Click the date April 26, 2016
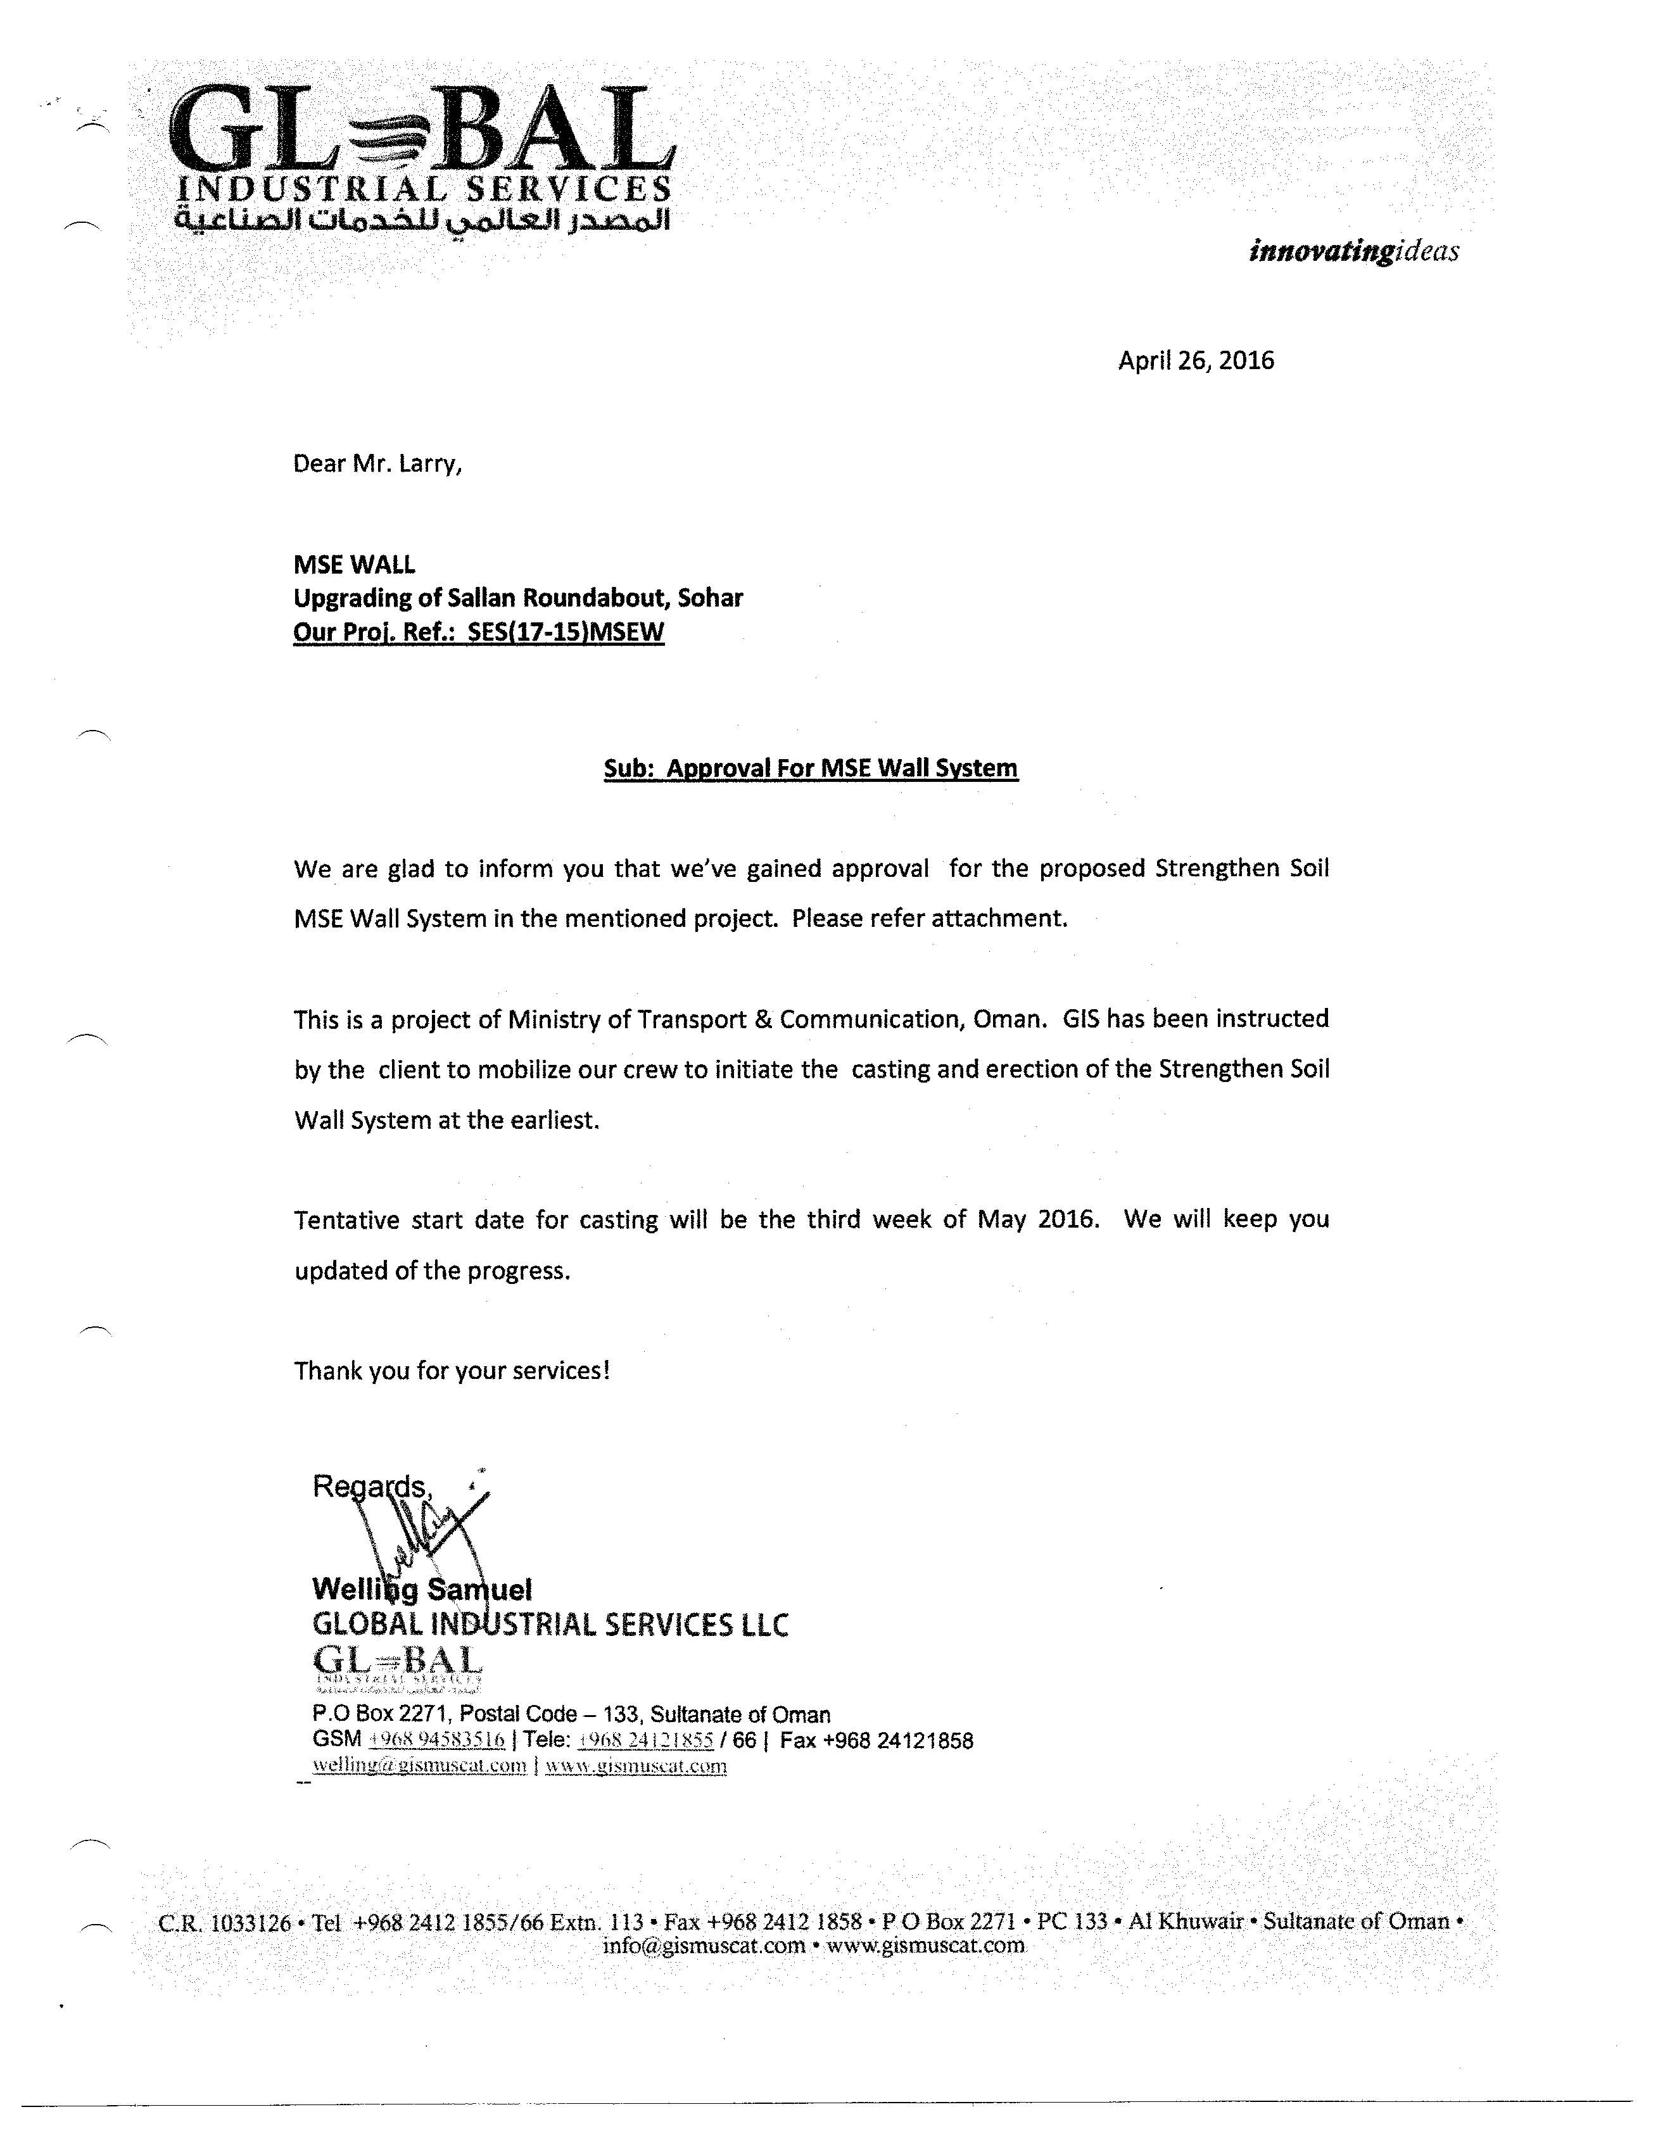coord(1196,360)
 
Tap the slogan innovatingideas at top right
coord(1353,251)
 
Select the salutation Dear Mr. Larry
coord(377,463)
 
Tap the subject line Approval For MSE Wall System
coord(842,767)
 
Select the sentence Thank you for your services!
coord(452,1370)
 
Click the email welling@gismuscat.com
coord(419,1765)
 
